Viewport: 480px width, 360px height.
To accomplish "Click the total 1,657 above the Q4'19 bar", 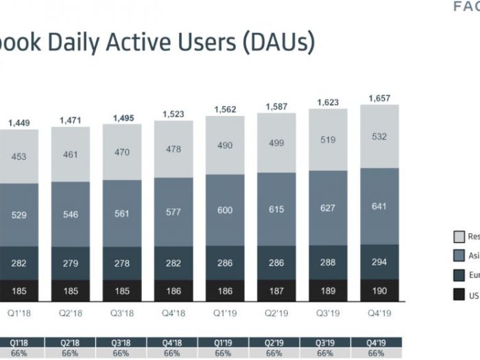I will click(x=379, y=99).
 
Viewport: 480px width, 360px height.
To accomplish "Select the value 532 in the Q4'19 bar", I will click(x=379, y=136).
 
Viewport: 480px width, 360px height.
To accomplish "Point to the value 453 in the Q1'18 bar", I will click(x=19, y=156).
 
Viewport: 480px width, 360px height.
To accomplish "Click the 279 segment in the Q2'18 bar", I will click(x=71, y=263).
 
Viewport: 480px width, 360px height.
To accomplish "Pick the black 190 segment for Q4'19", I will click(x=379, y=291).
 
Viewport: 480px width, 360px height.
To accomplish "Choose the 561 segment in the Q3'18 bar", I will click(x=122, y=213).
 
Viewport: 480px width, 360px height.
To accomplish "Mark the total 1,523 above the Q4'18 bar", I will click(x=173, y=114).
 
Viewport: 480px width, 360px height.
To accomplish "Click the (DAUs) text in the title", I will click(x=278, y=43).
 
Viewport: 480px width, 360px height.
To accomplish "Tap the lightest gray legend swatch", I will click(x=459, y=237).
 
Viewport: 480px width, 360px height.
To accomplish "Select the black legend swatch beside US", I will click(x=459, y=296).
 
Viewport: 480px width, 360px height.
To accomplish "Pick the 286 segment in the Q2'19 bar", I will click(x=276, y=262).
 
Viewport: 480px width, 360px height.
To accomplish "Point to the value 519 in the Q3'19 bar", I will click(x=328, y=140).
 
